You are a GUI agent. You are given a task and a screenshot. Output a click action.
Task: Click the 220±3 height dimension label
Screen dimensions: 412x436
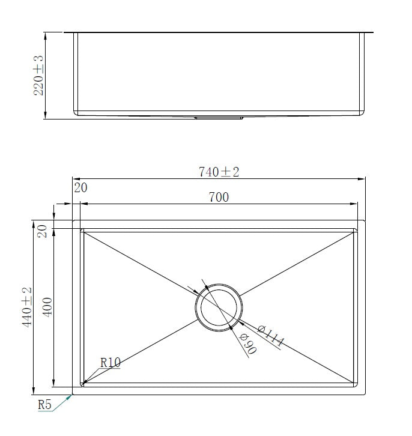[38, 76]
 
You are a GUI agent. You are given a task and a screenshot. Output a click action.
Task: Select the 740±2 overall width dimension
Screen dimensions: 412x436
[219, 172]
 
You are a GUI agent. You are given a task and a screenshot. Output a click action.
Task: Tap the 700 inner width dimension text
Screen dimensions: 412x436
[219, 197]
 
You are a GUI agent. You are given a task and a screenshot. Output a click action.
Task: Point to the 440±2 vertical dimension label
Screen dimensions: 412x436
[27, 307]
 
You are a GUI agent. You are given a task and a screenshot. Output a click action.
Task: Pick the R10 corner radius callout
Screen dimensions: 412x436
[110, 363]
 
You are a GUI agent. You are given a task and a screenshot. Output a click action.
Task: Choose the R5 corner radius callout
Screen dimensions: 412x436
[45, 405]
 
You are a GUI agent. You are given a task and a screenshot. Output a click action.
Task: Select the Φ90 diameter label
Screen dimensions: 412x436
[247, 344]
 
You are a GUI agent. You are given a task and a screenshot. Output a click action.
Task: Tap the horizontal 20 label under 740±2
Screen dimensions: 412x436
[80, 188]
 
